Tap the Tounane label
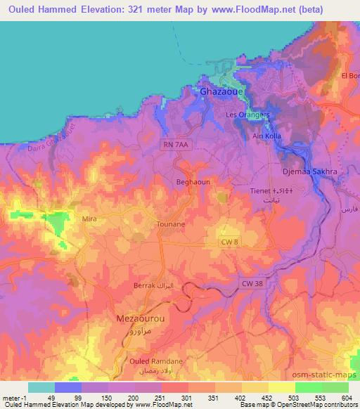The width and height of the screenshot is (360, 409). pos(170,225)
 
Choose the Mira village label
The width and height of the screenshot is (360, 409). pos(89,219)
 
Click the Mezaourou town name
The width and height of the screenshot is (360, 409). pos(140,318)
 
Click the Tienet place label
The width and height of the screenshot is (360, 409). pos(262,190)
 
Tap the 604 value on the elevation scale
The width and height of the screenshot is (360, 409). pos(345,397)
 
